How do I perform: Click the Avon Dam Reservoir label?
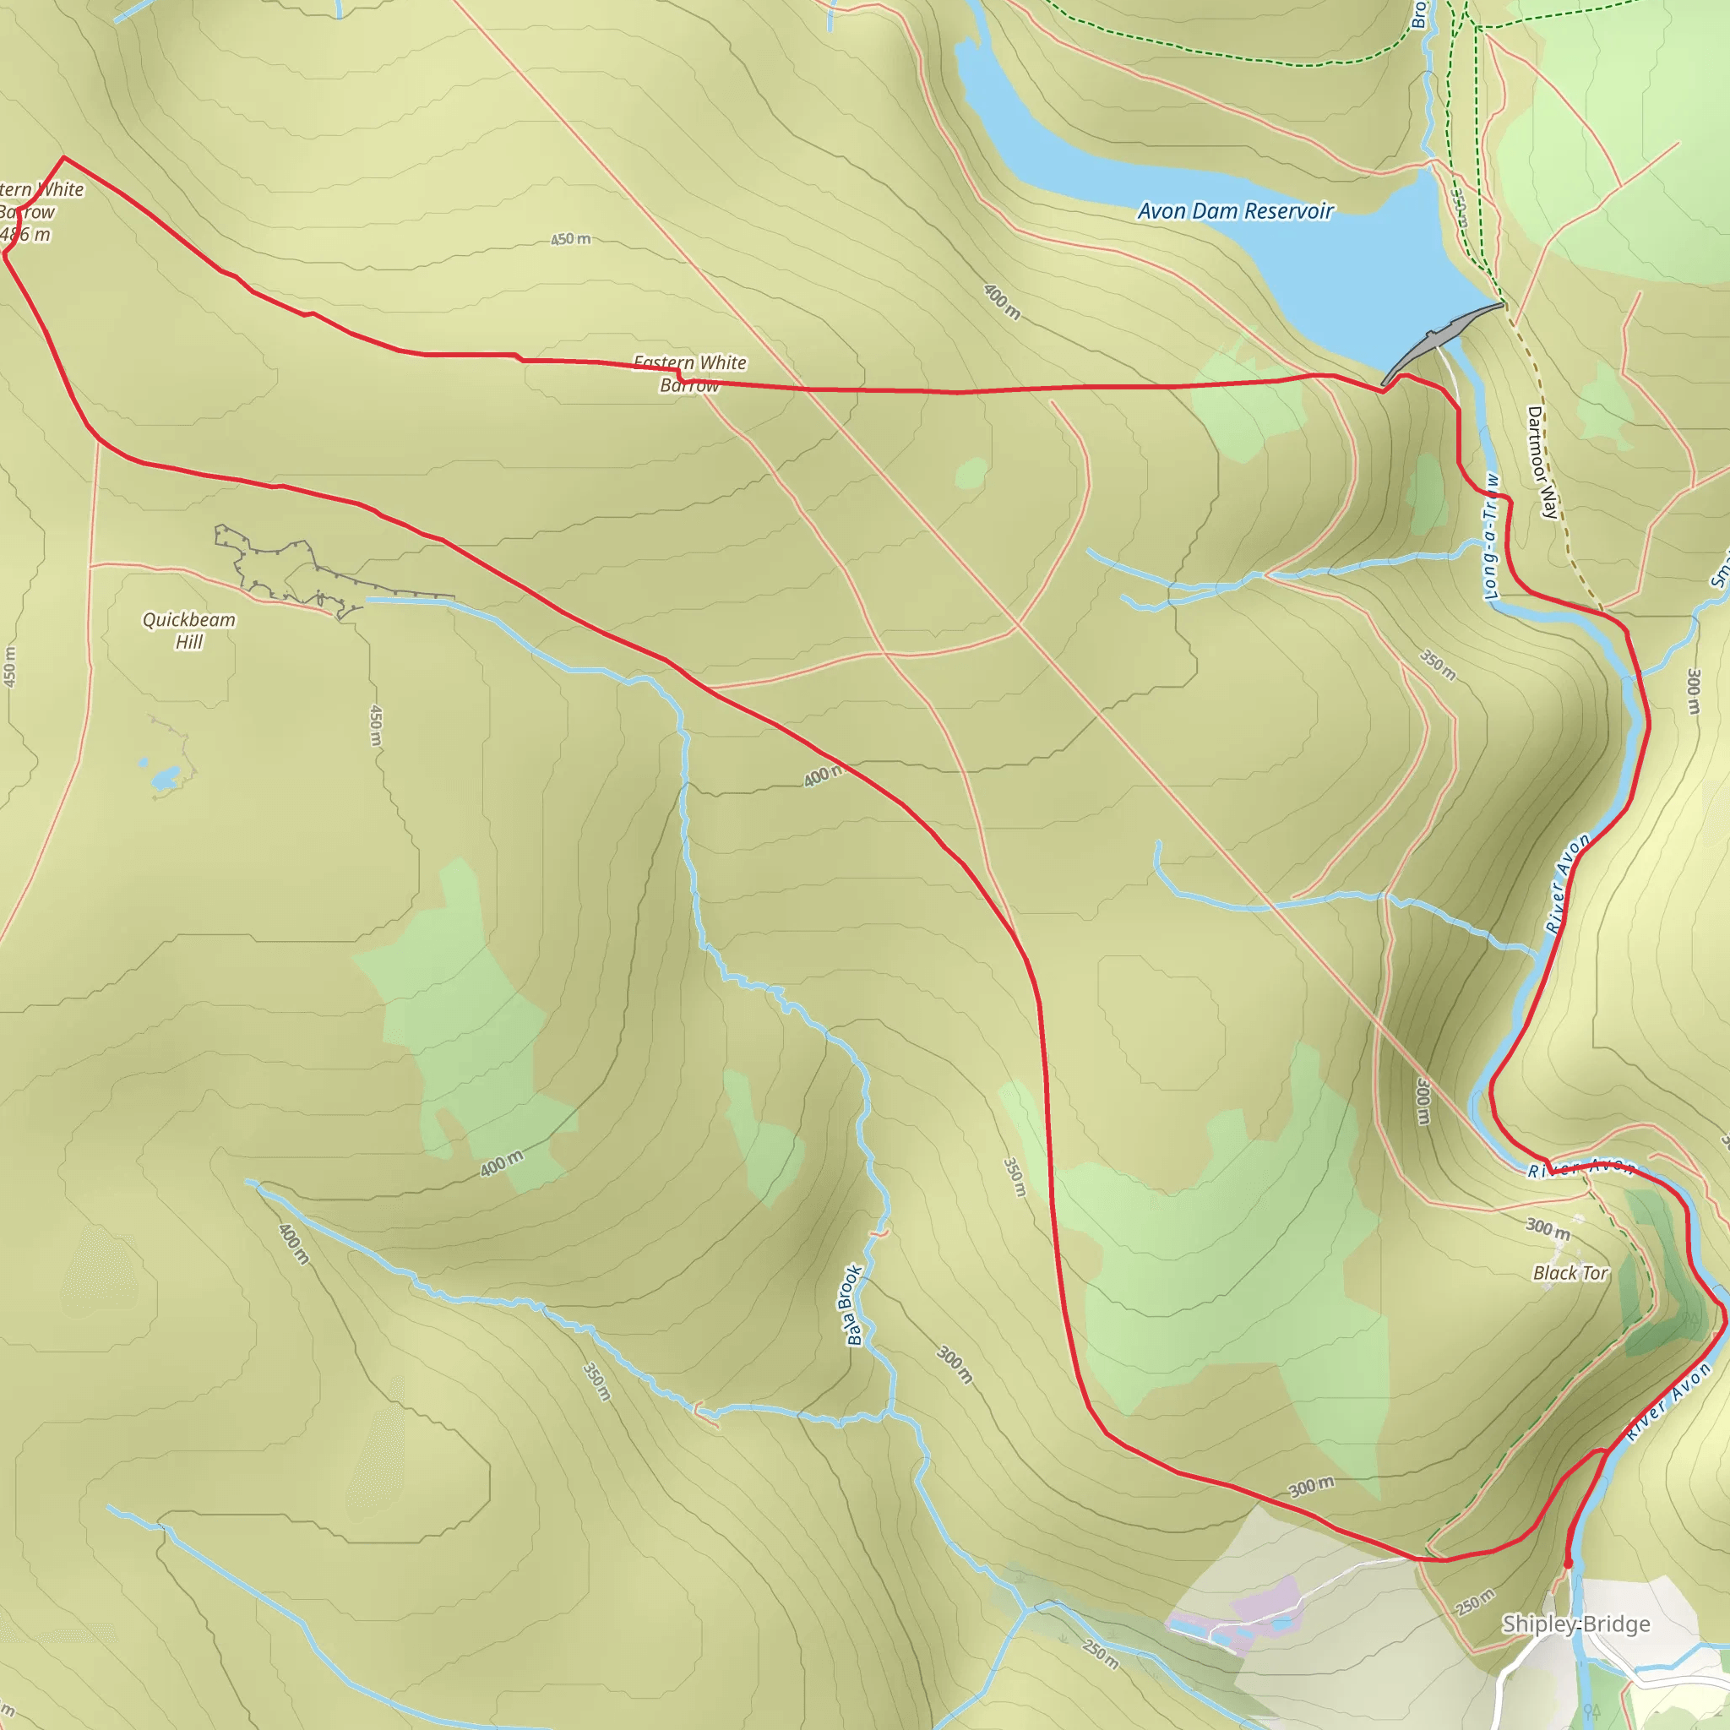(1235, 211)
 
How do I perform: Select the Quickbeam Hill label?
(189, 630)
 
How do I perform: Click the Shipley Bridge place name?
(1576, 1624)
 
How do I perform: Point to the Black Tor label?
(1570, 1273)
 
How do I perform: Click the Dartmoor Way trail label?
(1542, 462)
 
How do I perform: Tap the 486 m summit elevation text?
(25, 235)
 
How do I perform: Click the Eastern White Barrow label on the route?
(689, 373)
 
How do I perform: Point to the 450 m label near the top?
(570, 239)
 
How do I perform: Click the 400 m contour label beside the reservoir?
(1002, 302)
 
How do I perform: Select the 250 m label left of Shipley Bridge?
(1475, 1602)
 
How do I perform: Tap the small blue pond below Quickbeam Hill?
(165, 777)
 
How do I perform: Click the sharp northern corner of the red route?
(63, 158)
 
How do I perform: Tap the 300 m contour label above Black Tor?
(1548, 1228)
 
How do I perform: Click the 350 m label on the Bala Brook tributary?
(597, 1382)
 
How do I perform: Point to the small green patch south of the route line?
(971, 473)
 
